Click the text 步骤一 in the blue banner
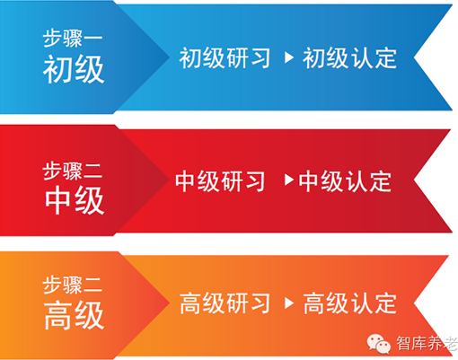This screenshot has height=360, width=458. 73,39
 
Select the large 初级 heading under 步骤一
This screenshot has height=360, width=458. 74,69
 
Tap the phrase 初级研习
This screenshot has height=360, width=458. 225,57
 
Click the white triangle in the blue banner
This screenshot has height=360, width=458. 289,57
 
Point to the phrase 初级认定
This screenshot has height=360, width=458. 349,57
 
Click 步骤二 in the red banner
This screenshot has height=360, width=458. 73,171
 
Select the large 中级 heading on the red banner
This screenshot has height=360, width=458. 75,200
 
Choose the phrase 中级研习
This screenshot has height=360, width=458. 220,181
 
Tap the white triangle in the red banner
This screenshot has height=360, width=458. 289,180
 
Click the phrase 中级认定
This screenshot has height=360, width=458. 345,181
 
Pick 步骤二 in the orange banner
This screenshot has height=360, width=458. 73,285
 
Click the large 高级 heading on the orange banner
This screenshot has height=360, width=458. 74,315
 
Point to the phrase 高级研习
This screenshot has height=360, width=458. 225,303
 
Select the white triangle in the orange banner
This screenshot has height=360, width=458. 289,303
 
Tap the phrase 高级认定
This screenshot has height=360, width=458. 350,303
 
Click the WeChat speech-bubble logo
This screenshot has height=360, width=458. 379,343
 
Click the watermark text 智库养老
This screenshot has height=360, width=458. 427,343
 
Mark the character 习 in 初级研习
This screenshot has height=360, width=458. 260,57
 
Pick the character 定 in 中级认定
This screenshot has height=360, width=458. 381,181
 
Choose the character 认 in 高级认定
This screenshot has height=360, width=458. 361,303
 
